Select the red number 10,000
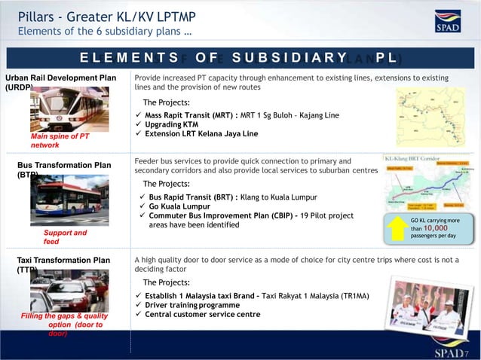(x=435, y=227)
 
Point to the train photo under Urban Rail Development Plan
(x=66, y=109)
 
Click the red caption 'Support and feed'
(x=65, y=237)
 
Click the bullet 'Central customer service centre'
(x=202, y=315)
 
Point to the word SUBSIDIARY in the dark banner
(x=290, y=58)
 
